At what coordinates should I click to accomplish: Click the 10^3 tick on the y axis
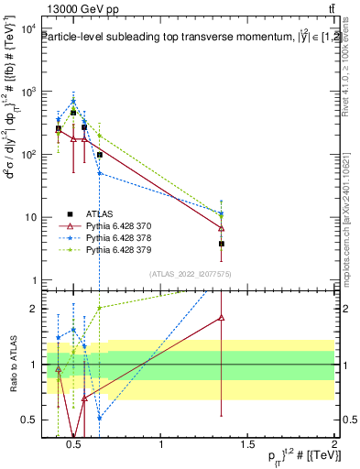coord(28,93)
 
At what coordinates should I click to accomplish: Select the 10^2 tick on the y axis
coord(28,155)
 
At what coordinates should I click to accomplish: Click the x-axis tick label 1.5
coord(247,446)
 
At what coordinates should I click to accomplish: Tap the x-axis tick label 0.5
coord(75,446)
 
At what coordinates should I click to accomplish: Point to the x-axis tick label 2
coord(333,446)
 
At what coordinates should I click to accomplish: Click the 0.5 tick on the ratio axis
coord(27,420)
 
